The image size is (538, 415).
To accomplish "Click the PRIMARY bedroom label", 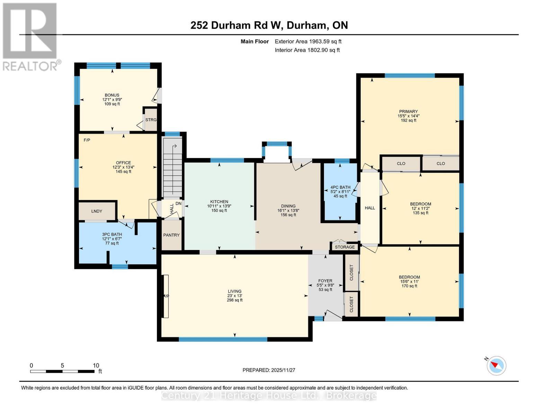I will (x=408, y=112).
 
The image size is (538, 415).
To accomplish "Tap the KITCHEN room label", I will (x=219, y=202).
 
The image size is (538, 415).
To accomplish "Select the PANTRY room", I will (x=171, y=235).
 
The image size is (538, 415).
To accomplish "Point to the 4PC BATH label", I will (x=340, y=187).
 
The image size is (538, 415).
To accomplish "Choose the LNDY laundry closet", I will (x=97, y=211).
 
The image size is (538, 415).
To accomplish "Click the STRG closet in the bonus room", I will (x=151, y=120).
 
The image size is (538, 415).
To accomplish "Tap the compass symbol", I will (x=496, y=365).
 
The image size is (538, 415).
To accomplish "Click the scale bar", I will (x=62, y=371).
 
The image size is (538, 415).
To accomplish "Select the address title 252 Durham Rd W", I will (x=269, y=25).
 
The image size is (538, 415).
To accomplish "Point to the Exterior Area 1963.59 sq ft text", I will (x=308, y=41).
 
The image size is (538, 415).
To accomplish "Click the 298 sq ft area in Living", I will (x=235, y=300).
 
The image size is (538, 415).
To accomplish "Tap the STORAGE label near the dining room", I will (x=345, y=247).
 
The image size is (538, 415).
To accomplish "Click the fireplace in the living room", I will (x=166, y=296).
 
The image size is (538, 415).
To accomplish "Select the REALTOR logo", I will (x=30, y=36).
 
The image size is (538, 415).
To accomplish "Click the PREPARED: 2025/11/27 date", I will (x=269, y=370).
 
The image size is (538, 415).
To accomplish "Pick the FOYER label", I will (x=325, y=281).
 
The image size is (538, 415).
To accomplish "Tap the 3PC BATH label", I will (x=112, y=234).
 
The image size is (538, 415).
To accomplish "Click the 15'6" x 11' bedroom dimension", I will (x=409, y=282).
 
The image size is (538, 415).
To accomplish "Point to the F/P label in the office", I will (x=87, y=140).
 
